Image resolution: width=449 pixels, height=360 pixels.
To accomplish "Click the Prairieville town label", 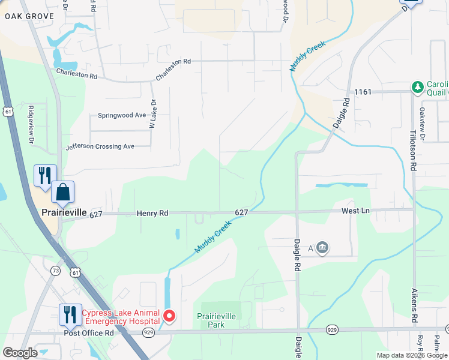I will (x=64, y=213).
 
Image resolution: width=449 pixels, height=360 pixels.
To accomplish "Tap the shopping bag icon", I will (x=62, y=193).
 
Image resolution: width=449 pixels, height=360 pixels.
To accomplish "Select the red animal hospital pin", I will (x=169, y=316).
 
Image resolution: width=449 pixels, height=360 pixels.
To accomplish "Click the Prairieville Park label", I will (x=217, y=320).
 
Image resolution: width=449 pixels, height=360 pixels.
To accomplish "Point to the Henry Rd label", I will (x=153, y=212).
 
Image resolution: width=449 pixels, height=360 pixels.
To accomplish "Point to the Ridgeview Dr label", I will (x=31, y=125).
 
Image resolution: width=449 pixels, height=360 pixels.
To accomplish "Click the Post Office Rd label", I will (x=88, y=332).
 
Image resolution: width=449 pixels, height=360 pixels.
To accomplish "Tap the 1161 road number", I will (x=363, y=92).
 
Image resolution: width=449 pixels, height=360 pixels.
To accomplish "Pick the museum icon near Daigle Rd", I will (x=322, y=248).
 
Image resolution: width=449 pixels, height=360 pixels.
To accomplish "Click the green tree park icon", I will (x=417, y=88).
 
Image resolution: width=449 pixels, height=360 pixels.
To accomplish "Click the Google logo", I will (x=20, y=353).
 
